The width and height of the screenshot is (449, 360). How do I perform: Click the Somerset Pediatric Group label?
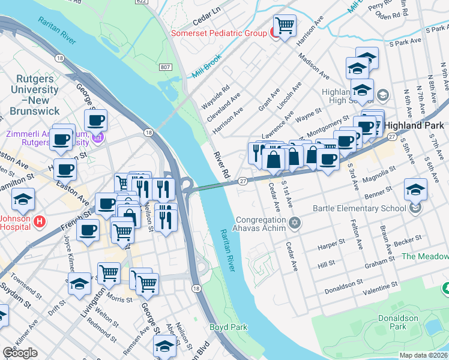pos(218,33)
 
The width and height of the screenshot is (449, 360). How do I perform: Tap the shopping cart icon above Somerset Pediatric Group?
pos(285,25)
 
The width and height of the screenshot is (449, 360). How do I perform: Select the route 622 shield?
pos(141,2)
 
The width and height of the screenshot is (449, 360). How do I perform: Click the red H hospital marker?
pos(40,221)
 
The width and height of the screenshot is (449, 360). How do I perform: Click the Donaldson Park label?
pos(393,322)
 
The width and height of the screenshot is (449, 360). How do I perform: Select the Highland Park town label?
pos(416,125)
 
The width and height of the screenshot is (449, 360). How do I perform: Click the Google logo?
pos(20,353)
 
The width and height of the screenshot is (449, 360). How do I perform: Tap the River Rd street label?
pos(220,166)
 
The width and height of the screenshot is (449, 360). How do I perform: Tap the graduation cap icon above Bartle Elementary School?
pos(415,190)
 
